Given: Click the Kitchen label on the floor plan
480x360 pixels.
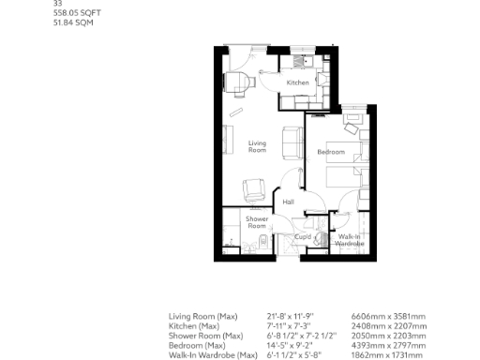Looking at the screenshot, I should pos(297,83).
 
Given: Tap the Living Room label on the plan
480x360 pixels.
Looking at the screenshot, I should pos(257,146).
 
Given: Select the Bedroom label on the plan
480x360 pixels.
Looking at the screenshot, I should pos(330,152).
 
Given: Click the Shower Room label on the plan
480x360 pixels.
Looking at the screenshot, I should pos(257,222).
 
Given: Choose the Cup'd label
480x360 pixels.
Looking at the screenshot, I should pos(303,237).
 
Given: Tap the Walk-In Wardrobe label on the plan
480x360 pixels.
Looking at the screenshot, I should pos(350,240).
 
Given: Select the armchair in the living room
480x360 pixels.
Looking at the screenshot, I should pos(253,189).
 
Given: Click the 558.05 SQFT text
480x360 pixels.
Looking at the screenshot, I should pos(73,14).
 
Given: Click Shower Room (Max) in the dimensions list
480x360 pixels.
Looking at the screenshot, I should pos(205,336).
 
